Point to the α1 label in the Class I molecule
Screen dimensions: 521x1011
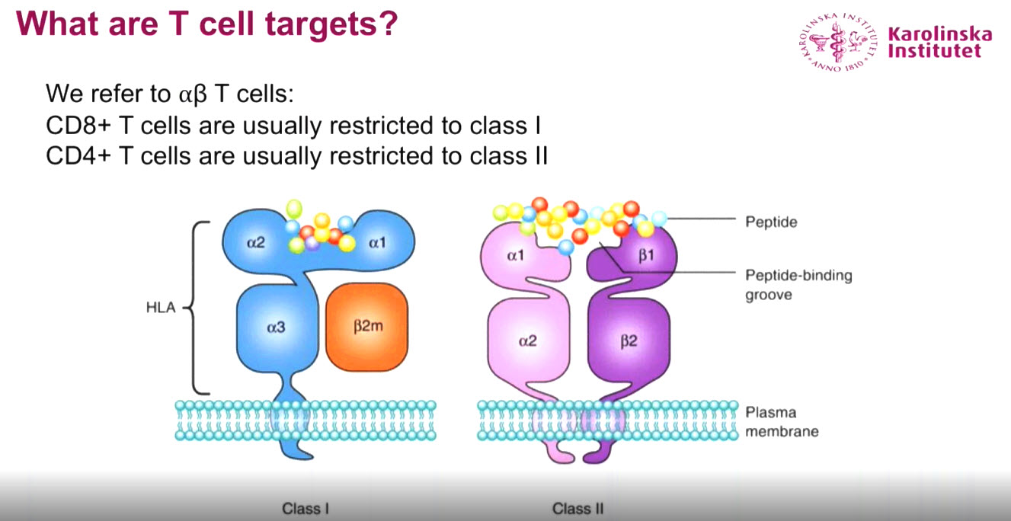378,243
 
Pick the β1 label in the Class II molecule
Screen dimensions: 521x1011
646,256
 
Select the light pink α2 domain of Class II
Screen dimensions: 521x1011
526,340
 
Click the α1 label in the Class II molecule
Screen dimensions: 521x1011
515,256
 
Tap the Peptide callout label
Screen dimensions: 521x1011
770,222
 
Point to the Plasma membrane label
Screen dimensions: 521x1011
782,422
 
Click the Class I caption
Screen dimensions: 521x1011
306,508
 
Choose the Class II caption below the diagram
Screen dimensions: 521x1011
578,508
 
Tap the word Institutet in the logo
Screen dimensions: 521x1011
933,52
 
